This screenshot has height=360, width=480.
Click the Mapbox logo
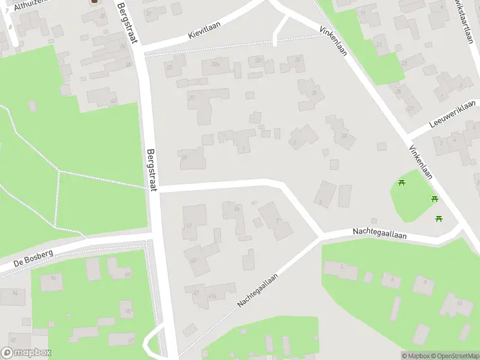[26, 353]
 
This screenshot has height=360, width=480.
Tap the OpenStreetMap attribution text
[455, 356]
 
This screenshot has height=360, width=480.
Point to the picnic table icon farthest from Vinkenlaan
[402, 182]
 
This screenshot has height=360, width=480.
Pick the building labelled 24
[299, 60]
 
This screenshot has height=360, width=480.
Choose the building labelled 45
[193, 260]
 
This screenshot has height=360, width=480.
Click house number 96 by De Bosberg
[53, 278]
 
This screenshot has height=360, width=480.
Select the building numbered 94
[15, 293]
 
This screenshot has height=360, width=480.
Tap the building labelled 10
[459, 304]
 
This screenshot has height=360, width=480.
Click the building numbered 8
[424, 283]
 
